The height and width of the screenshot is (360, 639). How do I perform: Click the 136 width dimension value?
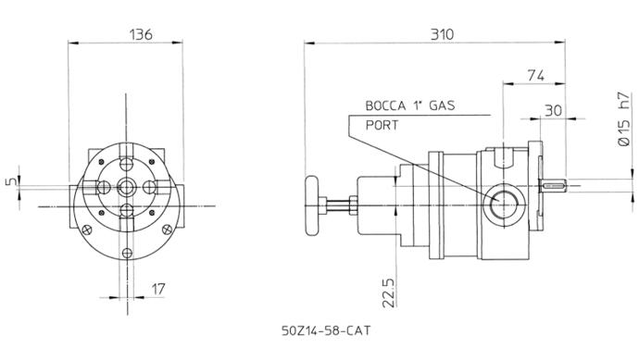point(141,34)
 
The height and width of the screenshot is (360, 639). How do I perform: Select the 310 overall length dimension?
point(442,34)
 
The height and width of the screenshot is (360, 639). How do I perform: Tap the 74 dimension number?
point(536,75)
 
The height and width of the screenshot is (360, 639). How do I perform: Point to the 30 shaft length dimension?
point(554,110)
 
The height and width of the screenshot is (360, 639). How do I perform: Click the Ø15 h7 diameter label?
point(624,118)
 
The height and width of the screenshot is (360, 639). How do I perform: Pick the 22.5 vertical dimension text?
point(388,292)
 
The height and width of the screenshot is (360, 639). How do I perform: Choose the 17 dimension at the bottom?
point(158,289)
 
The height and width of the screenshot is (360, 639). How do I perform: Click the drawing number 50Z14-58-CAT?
point(326,330)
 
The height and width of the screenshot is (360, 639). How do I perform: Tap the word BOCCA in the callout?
point(385,106)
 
